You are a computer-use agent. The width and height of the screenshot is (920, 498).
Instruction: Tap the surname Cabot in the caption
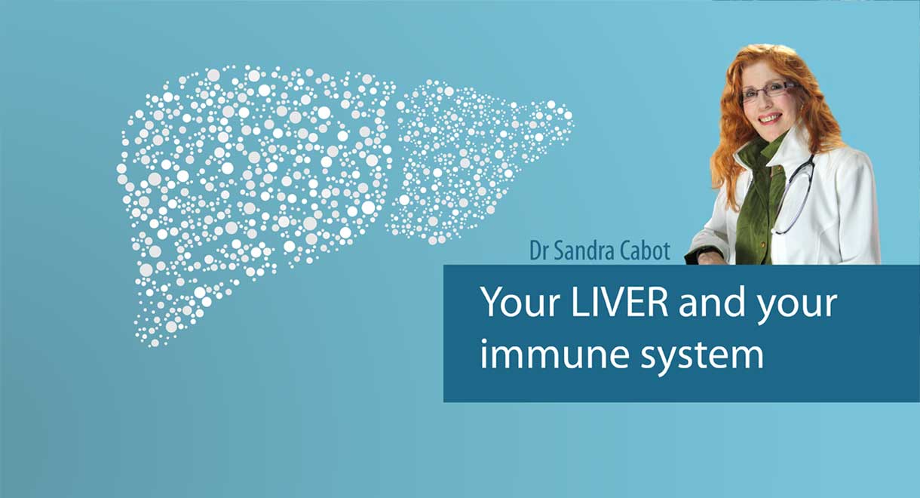(x=650, y=251)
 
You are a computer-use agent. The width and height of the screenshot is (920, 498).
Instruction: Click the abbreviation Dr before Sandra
(x=539, y=251)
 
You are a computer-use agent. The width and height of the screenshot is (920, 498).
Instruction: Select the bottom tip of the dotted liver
(x=155, y=343)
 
